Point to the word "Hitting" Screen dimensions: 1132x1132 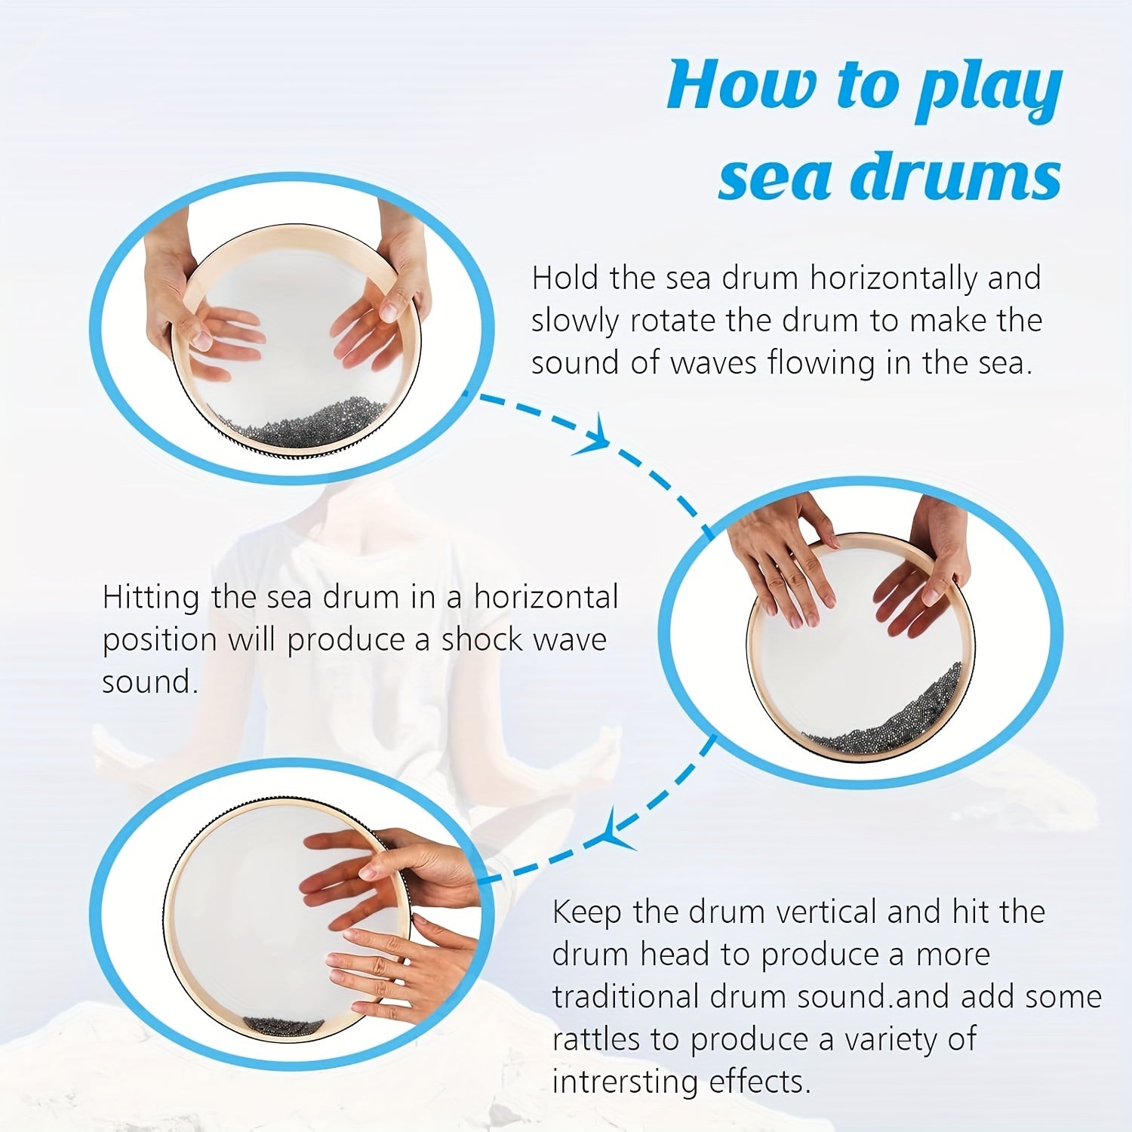(151, 598)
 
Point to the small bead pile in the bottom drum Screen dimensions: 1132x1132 (283, 1026)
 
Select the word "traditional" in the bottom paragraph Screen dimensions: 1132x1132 (625, 997)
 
